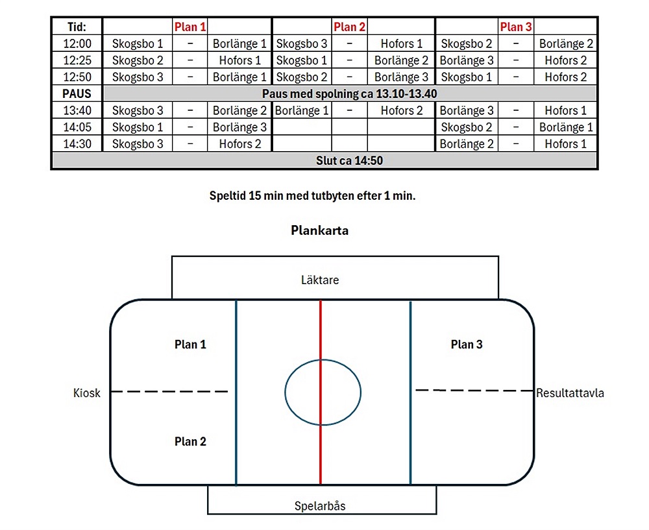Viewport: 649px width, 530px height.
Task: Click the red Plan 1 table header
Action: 190,27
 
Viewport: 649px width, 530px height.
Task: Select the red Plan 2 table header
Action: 349,27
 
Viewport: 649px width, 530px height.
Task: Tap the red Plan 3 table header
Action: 515,27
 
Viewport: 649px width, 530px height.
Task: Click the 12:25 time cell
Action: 77,60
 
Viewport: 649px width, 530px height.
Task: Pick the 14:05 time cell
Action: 77,127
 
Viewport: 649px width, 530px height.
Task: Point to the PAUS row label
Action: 77,93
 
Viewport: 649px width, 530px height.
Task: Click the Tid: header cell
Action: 77,27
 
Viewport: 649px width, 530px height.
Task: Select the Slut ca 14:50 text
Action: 349,161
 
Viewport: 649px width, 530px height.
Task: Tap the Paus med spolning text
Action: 349,93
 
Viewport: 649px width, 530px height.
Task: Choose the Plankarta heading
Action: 319,230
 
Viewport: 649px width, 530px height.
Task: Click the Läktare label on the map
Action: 320,280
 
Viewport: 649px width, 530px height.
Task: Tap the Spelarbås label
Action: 320,506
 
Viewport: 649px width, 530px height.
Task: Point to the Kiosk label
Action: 87,392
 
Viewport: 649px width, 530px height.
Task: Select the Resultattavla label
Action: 570,392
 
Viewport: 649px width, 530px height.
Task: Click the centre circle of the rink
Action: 323,393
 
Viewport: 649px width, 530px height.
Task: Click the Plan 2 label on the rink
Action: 190,441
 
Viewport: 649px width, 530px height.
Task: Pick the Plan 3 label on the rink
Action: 467,344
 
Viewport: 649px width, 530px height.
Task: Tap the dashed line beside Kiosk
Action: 169,391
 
